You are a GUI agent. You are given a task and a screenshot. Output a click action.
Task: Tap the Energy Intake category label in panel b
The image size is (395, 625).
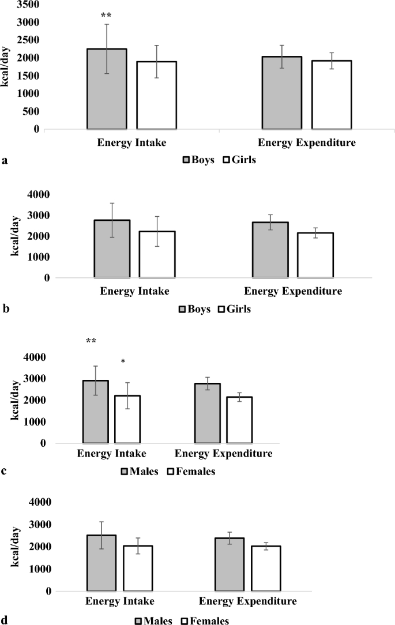(134, 291)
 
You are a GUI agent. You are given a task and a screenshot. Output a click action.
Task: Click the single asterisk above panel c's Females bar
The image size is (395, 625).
(123, 362)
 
